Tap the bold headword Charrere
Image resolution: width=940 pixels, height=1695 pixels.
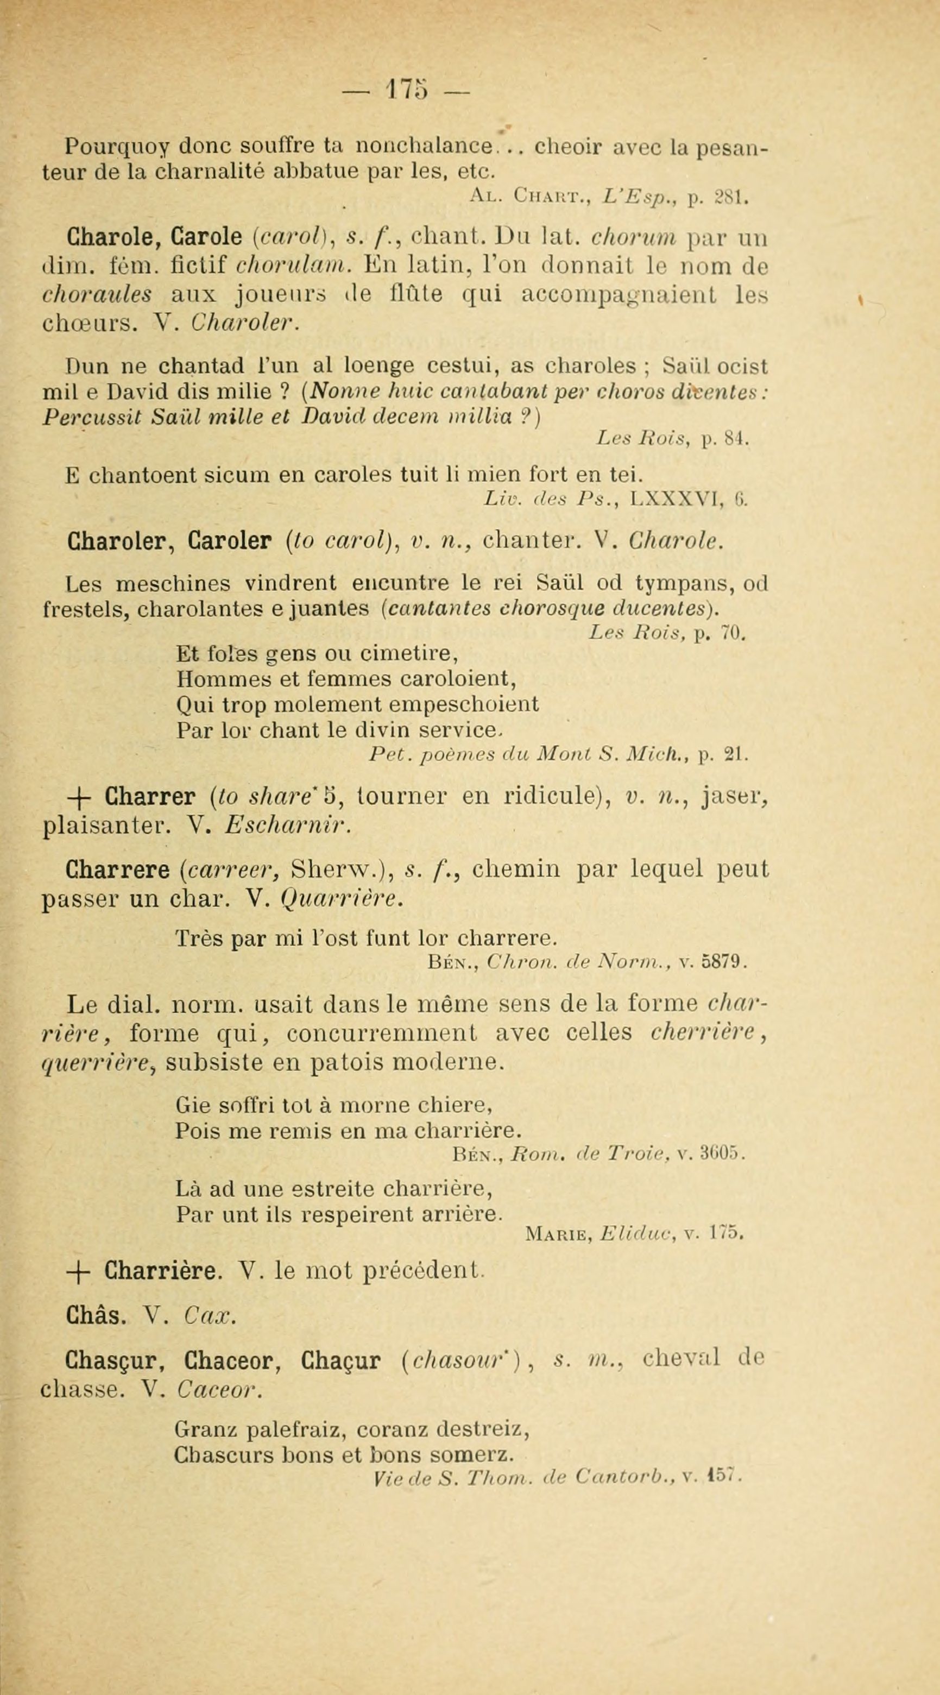point(117,870)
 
